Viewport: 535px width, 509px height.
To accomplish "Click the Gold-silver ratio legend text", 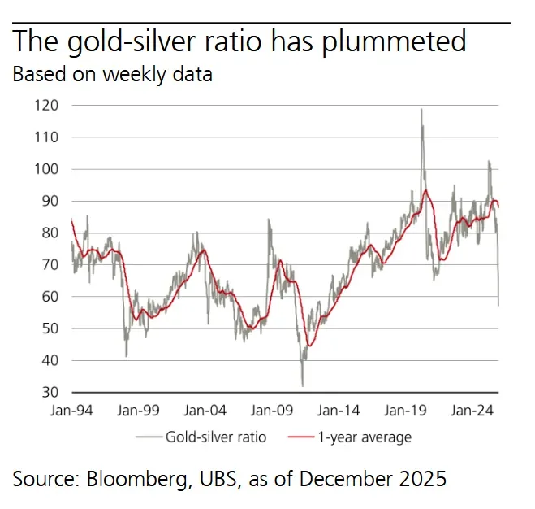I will pyautogui.click(x=215, y=437).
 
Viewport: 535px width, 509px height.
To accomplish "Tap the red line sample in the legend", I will pyautogui.click(x=300, y=437).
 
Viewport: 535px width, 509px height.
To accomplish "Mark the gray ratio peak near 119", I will pyautogui.click(x=421, y=110).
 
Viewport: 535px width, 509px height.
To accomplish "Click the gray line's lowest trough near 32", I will pyautogui.click(x=302, y=385).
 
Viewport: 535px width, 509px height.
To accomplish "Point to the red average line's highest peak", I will pyautogui.click(x=425, y=190).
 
